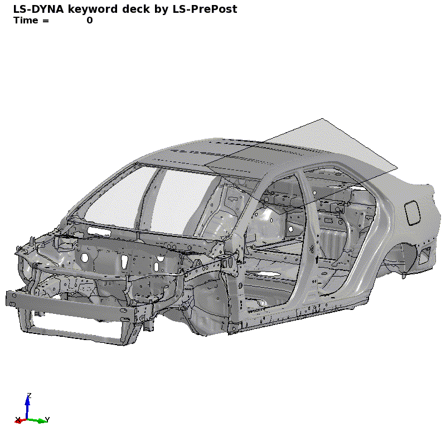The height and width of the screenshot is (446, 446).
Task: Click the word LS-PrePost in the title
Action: (205, 9)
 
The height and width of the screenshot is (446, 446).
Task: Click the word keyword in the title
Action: (93, 9)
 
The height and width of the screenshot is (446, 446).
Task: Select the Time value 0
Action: (90, 21)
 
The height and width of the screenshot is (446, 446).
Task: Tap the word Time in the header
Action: (26, 21)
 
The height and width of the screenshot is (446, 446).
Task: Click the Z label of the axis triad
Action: (29, 396)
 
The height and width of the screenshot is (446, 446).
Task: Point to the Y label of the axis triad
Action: (47, 420)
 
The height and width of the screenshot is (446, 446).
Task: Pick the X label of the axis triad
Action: (18, 420)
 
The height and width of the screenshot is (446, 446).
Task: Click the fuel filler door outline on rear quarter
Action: (412, 212)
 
